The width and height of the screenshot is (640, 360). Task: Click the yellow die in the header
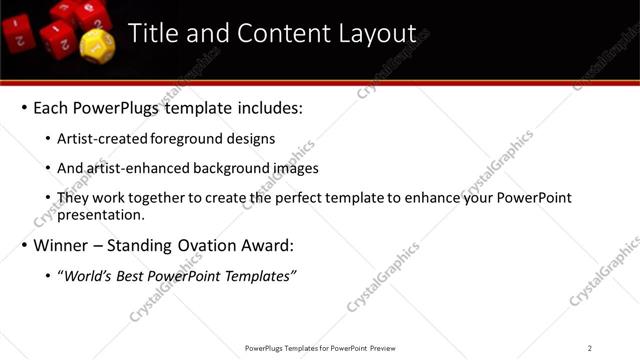[x=94, y=43]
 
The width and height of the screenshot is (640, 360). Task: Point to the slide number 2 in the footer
[x=590, y=348]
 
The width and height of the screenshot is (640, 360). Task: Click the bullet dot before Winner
[x=22, y=245]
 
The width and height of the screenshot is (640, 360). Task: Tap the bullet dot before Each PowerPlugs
[x=22, y=107]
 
